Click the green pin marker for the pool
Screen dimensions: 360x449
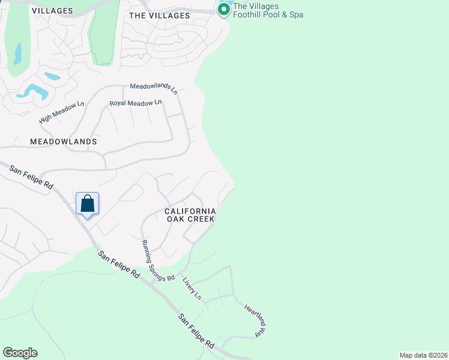tap(224, 9)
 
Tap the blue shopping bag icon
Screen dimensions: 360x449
tap(87, 203)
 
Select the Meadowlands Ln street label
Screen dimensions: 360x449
tap(154, 88)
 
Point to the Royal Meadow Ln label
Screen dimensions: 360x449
tap(136, 103)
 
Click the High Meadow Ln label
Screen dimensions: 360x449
tap(61, 113)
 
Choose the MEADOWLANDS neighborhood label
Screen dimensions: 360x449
tap(63, 142)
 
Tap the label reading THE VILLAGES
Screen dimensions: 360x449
tap(160, 16)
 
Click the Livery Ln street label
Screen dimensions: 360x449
tap(192, 289)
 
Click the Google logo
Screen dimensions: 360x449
tap(19, 353)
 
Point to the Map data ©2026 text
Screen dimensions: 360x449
tap(423, 355)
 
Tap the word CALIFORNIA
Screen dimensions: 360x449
tap(190, 211)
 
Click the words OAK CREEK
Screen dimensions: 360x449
tap(190, 220)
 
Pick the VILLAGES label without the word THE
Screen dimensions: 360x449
tap(52, 11)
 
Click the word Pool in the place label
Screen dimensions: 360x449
tap(276, 14)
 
